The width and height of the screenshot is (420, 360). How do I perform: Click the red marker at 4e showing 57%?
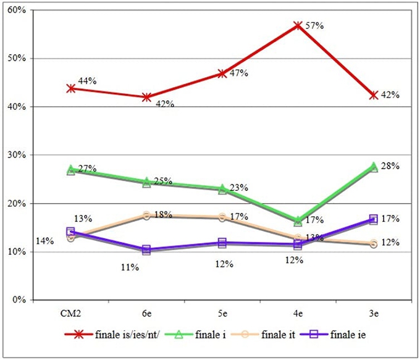pyautogui.click(x=298, y=26)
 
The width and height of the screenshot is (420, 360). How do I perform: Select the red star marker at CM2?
pyautogui.click(x=71, y=88)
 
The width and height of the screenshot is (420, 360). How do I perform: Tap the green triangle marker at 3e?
pyautogui.click(x=374, y=167)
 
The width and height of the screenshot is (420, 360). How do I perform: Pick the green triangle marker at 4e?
pyautogui.click(x=298, y=220)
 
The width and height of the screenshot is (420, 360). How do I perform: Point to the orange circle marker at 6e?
pyautogui.click(x=146, y=215)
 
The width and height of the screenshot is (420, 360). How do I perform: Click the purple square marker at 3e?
pyautogui.click(x=374, y=219)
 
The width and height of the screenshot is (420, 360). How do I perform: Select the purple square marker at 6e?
pyautogui.click(x=146, y=249)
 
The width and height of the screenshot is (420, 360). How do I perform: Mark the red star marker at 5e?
pyautogui.click(x=222, y=73)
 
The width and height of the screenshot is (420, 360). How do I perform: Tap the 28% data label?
pyautogui.click(x=391, y=165)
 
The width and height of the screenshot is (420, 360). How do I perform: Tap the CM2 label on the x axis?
pyautogui.click(x=71, y=314)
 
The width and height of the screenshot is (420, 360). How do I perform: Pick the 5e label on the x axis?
pyautogui.click(x=222, y=314)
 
